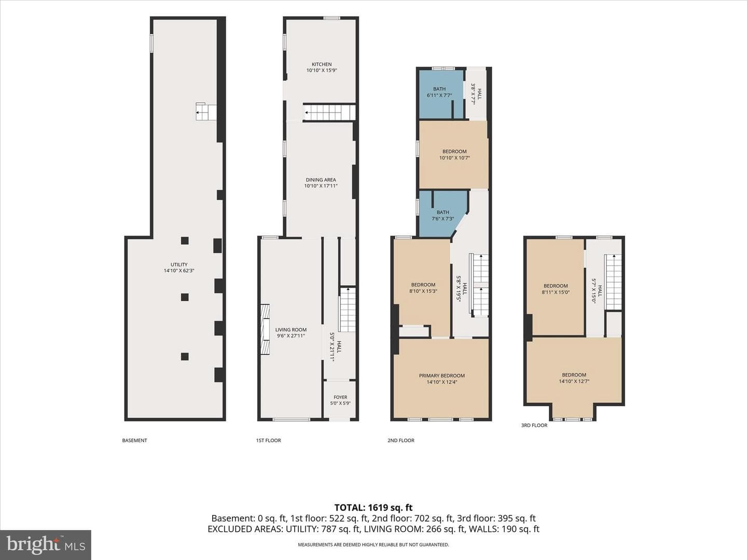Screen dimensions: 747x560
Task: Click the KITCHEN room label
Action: [x=322, y=64]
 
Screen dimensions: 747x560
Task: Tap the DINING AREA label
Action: [x=321, y=180]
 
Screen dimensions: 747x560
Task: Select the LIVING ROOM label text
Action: [x=290, y=329]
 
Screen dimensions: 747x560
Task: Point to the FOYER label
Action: [x=340, y=397]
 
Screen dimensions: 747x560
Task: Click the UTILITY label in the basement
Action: [x=179, y=264]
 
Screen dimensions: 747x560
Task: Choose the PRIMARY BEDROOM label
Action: [x=442, y=376]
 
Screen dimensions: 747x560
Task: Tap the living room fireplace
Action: [x=265, y=329]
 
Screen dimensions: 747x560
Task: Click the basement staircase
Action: [x=206, y=111]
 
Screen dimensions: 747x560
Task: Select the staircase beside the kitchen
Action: [x=329, y=113]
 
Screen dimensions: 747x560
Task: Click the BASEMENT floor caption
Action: [x=134, y=440]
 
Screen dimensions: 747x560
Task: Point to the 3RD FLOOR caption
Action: [x=534, y=425]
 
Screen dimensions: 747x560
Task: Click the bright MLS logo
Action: [x=46, y=545]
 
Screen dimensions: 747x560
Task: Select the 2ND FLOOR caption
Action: [x=400, y=440]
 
